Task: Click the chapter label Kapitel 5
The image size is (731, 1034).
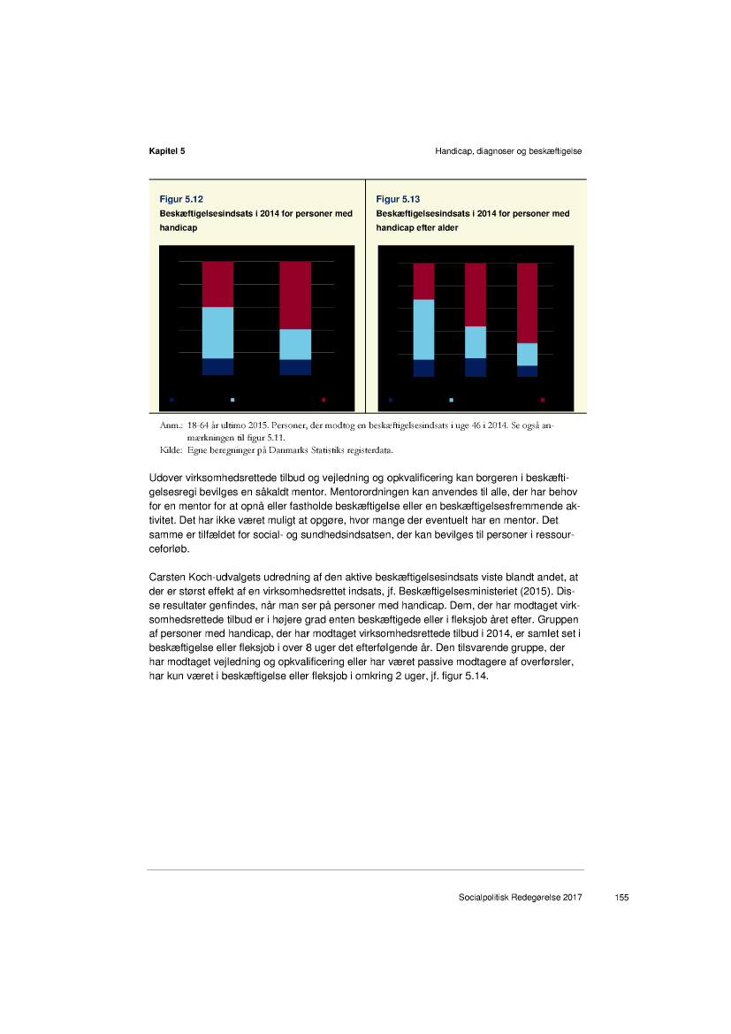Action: pos(166,151)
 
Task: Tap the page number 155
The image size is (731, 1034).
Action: pos(621,898)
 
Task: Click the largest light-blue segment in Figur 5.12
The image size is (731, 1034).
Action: pos(217,333)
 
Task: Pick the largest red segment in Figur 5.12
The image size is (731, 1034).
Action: pos(295,295)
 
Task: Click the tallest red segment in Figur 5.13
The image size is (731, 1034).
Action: pos(527,303)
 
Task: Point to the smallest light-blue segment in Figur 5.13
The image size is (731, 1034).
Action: pos(527,354)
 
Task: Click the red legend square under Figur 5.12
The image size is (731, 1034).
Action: pos(324,400)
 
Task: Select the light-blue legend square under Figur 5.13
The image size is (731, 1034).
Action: pos(452,400)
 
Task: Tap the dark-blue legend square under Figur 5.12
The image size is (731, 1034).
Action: pos(171,400)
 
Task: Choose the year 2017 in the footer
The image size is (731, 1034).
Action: pos(570,898)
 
